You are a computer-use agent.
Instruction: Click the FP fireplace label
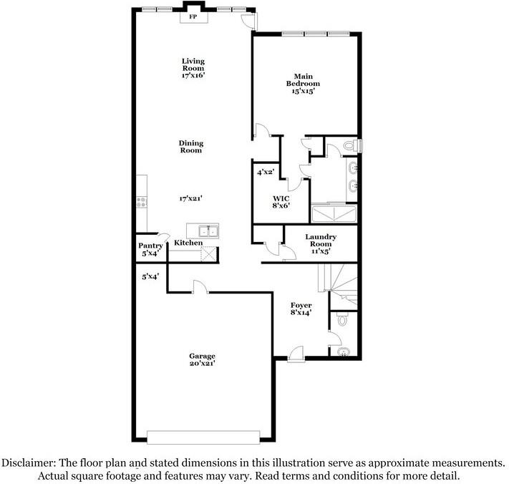point(193,16)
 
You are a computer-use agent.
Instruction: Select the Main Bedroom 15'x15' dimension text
point(302,91)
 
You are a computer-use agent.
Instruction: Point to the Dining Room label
point(191,146)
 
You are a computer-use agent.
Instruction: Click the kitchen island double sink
point(203,231)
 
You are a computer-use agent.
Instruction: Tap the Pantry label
point(150,246)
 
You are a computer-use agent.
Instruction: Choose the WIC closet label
point(280,197)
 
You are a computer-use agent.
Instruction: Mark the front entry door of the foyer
point(296,354)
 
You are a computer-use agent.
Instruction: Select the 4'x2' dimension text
point(266,173)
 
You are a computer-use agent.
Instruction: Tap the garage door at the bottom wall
point(203,437)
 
